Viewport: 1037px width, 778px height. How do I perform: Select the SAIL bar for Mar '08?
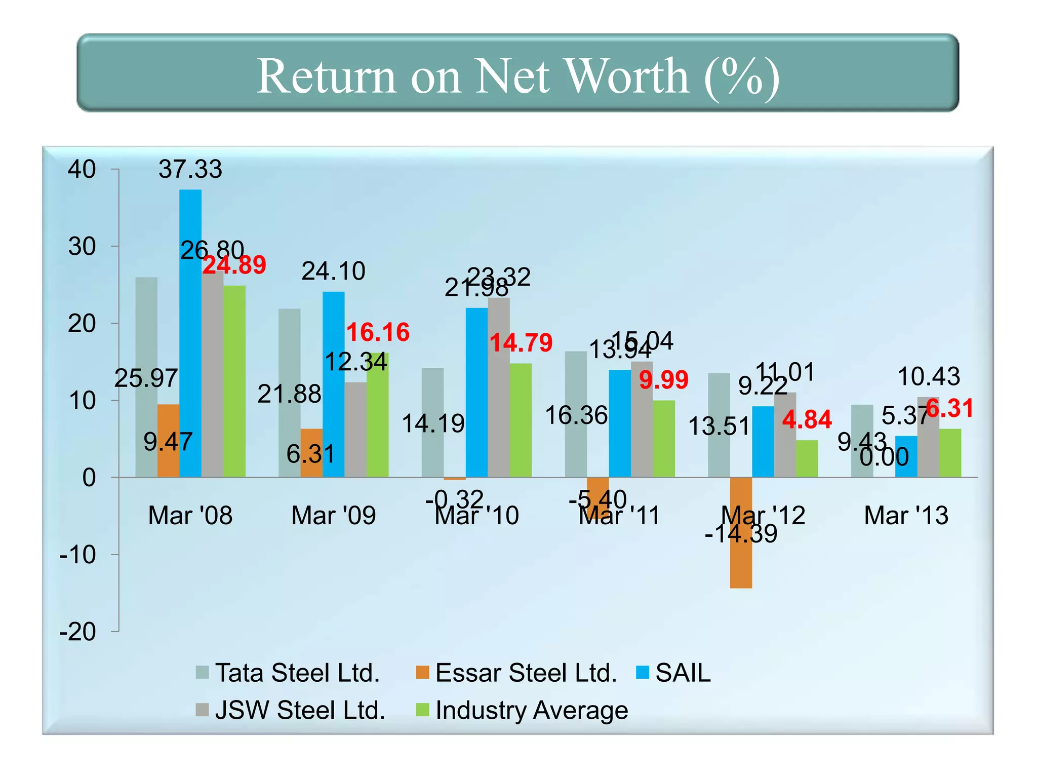coord(190,334)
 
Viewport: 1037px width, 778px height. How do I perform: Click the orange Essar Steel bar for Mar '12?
coord(741,532)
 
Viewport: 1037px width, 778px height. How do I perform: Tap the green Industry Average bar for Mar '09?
coord(378,415)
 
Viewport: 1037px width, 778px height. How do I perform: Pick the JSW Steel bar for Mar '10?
coord(499,387)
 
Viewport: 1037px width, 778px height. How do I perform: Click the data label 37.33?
coord(190,169)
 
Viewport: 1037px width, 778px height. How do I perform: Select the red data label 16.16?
coord(378,332)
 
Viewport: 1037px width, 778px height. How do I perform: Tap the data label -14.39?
coord(741,533)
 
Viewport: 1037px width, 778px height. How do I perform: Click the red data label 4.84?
coord(807,419)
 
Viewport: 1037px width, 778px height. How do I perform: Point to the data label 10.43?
coord(928,376)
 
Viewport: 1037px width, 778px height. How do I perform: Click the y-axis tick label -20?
coord(77,632)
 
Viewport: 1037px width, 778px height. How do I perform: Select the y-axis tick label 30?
coord(82,247)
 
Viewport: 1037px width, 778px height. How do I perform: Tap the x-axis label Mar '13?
coord(906,516)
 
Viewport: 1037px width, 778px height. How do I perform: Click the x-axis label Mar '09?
coord(333,516)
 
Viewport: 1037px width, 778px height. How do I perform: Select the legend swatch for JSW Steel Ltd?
coord(203,710)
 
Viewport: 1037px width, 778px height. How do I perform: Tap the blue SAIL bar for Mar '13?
coord(906,456)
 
